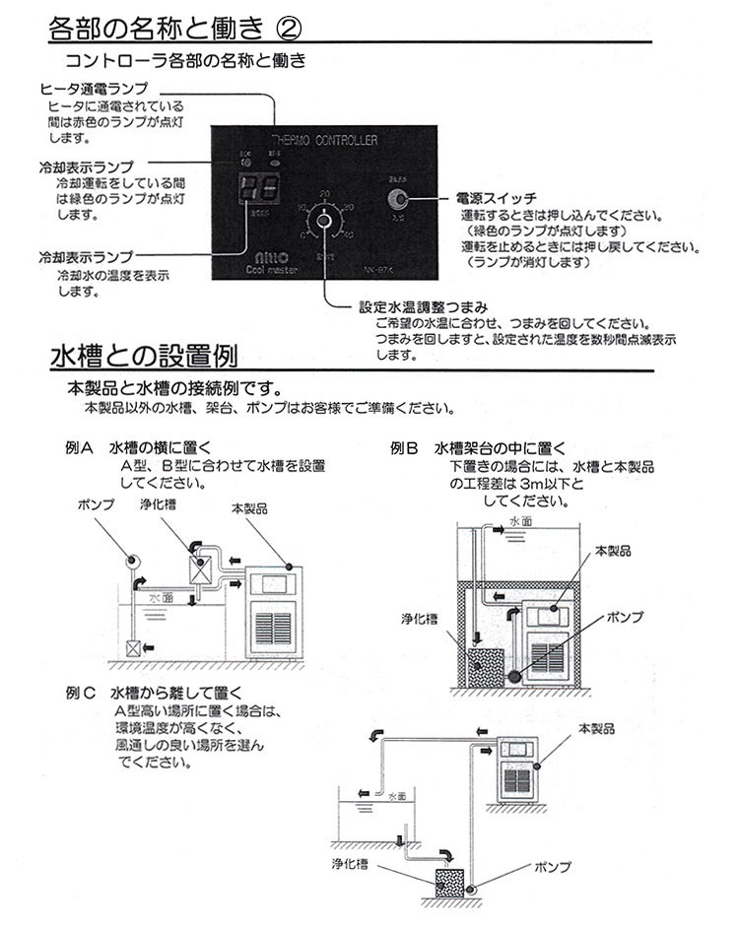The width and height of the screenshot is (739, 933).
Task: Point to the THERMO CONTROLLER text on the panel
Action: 322,141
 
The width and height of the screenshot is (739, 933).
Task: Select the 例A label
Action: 79,447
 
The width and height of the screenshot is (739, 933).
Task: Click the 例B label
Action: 405,447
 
